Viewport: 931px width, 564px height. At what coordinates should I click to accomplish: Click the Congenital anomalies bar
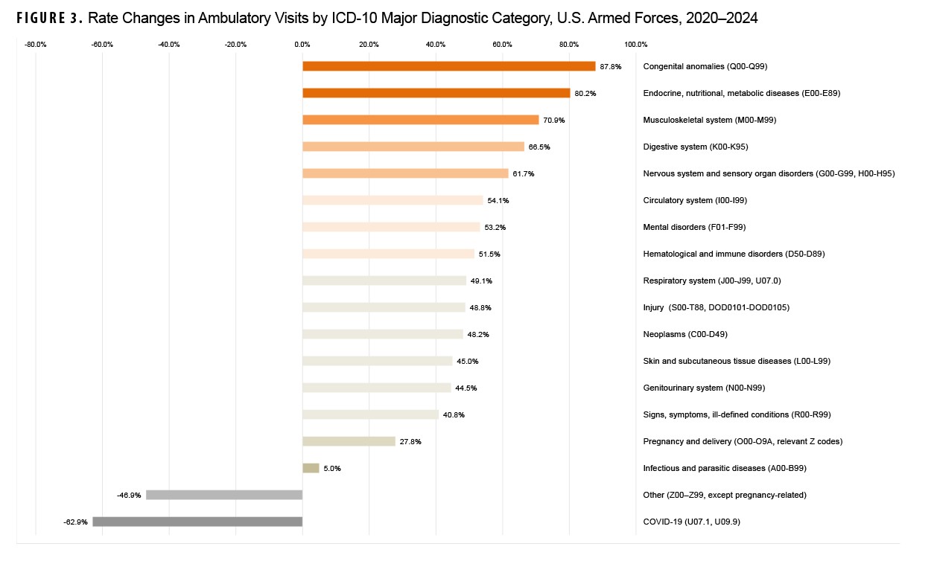click(448, 66)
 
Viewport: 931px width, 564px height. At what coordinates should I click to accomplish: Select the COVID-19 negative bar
click(197, 522)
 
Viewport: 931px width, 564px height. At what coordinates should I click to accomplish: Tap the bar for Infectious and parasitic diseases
click(311, 468)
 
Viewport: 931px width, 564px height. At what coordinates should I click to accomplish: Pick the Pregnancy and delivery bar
click(349, 441)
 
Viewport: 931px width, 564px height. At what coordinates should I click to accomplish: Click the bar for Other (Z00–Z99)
click(224, 495)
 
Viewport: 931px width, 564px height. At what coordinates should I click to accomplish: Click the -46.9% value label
click(129, 495)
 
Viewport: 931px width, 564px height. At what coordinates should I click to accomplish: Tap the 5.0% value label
click(333, 468)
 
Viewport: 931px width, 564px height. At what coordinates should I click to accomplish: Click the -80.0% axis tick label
click(36, 45)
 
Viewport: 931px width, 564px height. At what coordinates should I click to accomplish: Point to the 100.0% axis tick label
click(635, 45)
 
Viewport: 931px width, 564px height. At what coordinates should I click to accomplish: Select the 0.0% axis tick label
click(302, 45)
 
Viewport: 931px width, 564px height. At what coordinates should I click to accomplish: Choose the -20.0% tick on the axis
click(235, 45)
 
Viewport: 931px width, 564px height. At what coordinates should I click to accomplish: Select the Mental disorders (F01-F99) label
click(694, 227)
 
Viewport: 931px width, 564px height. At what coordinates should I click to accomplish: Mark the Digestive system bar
click(413, 147)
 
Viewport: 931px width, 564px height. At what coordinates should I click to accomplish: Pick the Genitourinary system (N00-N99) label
click(704, 388)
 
